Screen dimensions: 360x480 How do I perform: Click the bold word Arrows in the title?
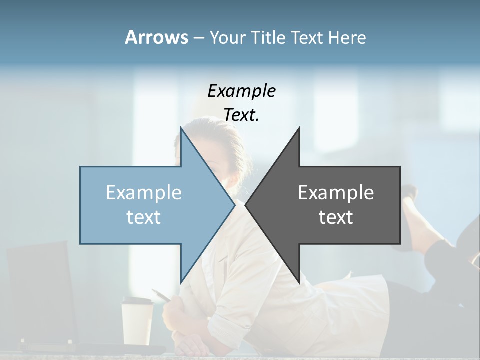pos(156,37)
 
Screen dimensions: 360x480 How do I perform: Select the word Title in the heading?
pos(268,37)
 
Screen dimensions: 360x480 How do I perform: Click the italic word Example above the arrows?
pos(241,91)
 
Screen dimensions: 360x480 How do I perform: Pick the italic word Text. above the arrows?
pos(241,115)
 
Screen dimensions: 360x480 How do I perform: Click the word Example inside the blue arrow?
pos(144,193)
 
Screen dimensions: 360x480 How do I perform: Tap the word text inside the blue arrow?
pos(144,217)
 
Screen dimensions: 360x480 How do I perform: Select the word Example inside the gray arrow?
pos(336,193)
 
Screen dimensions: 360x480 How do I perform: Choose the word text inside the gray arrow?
pos(336,217)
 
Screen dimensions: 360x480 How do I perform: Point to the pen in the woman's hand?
pos(161,295)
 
